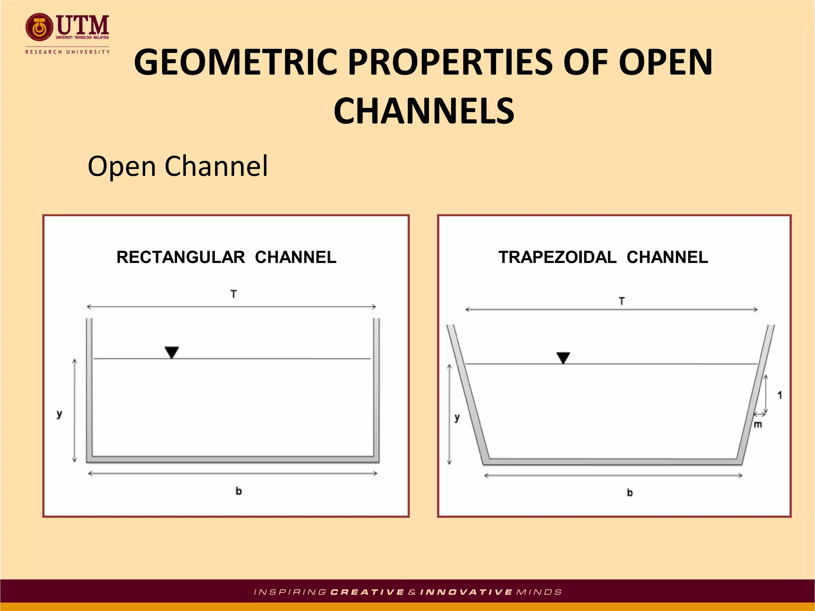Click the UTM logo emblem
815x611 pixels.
(x=39, y=27)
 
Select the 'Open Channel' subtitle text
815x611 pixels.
(x=177, y=166)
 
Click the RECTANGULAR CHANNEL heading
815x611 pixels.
(x=226, y=257)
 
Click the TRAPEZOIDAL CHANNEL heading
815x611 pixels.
(x=603, y=257)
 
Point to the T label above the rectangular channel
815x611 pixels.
(x=234, y=294)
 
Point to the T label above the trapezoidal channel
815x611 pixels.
(x=622, y=302)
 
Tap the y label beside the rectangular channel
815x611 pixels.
(x=59, y=414)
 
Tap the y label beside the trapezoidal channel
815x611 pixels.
(x=457, y=418)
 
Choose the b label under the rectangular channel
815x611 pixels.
(x=238, y=491)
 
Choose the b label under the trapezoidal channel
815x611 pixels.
(x=630, y=493)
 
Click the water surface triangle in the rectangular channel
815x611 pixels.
(x=172, y=352)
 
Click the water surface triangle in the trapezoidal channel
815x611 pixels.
(x=563, y=357)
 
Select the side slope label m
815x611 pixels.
(x=758, y=424)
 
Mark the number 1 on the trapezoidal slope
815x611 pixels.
(x=780, y=395)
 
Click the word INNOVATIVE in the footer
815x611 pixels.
(x=466, y=592)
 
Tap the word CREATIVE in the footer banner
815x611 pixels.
(x=367, y=592)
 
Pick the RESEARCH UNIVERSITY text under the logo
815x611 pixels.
(x=67, y=52)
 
